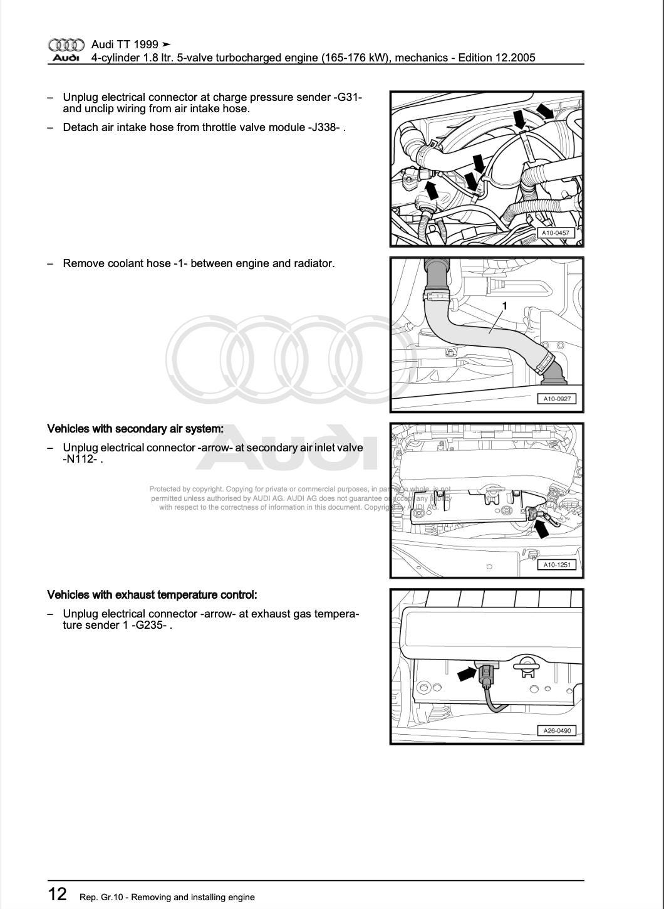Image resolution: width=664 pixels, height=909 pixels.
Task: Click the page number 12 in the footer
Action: tap(57, 894)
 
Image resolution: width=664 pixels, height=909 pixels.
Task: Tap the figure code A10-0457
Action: tap(556, 233)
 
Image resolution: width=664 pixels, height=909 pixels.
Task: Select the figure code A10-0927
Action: tap(556, 399)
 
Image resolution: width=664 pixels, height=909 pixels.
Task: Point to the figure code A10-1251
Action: tap(556, 565)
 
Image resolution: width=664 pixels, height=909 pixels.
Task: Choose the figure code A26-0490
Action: tap(556, 730)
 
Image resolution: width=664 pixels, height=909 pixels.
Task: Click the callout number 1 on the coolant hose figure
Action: tap(504, 306)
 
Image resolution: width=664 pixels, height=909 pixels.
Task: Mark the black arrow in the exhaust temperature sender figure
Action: tap(467, 673)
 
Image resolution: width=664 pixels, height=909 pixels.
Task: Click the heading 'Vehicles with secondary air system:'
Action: tap(135, 429)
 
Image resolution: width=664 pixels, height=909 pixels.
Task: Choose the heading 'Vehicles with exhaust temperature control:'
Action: tap(152, 594)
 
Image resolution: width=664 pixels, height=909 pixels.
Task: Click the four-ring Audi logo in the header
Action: tap(66, 45)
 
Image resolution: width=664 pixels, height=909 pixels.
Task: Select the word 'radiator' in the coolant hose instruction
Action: tap(313, 263)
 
